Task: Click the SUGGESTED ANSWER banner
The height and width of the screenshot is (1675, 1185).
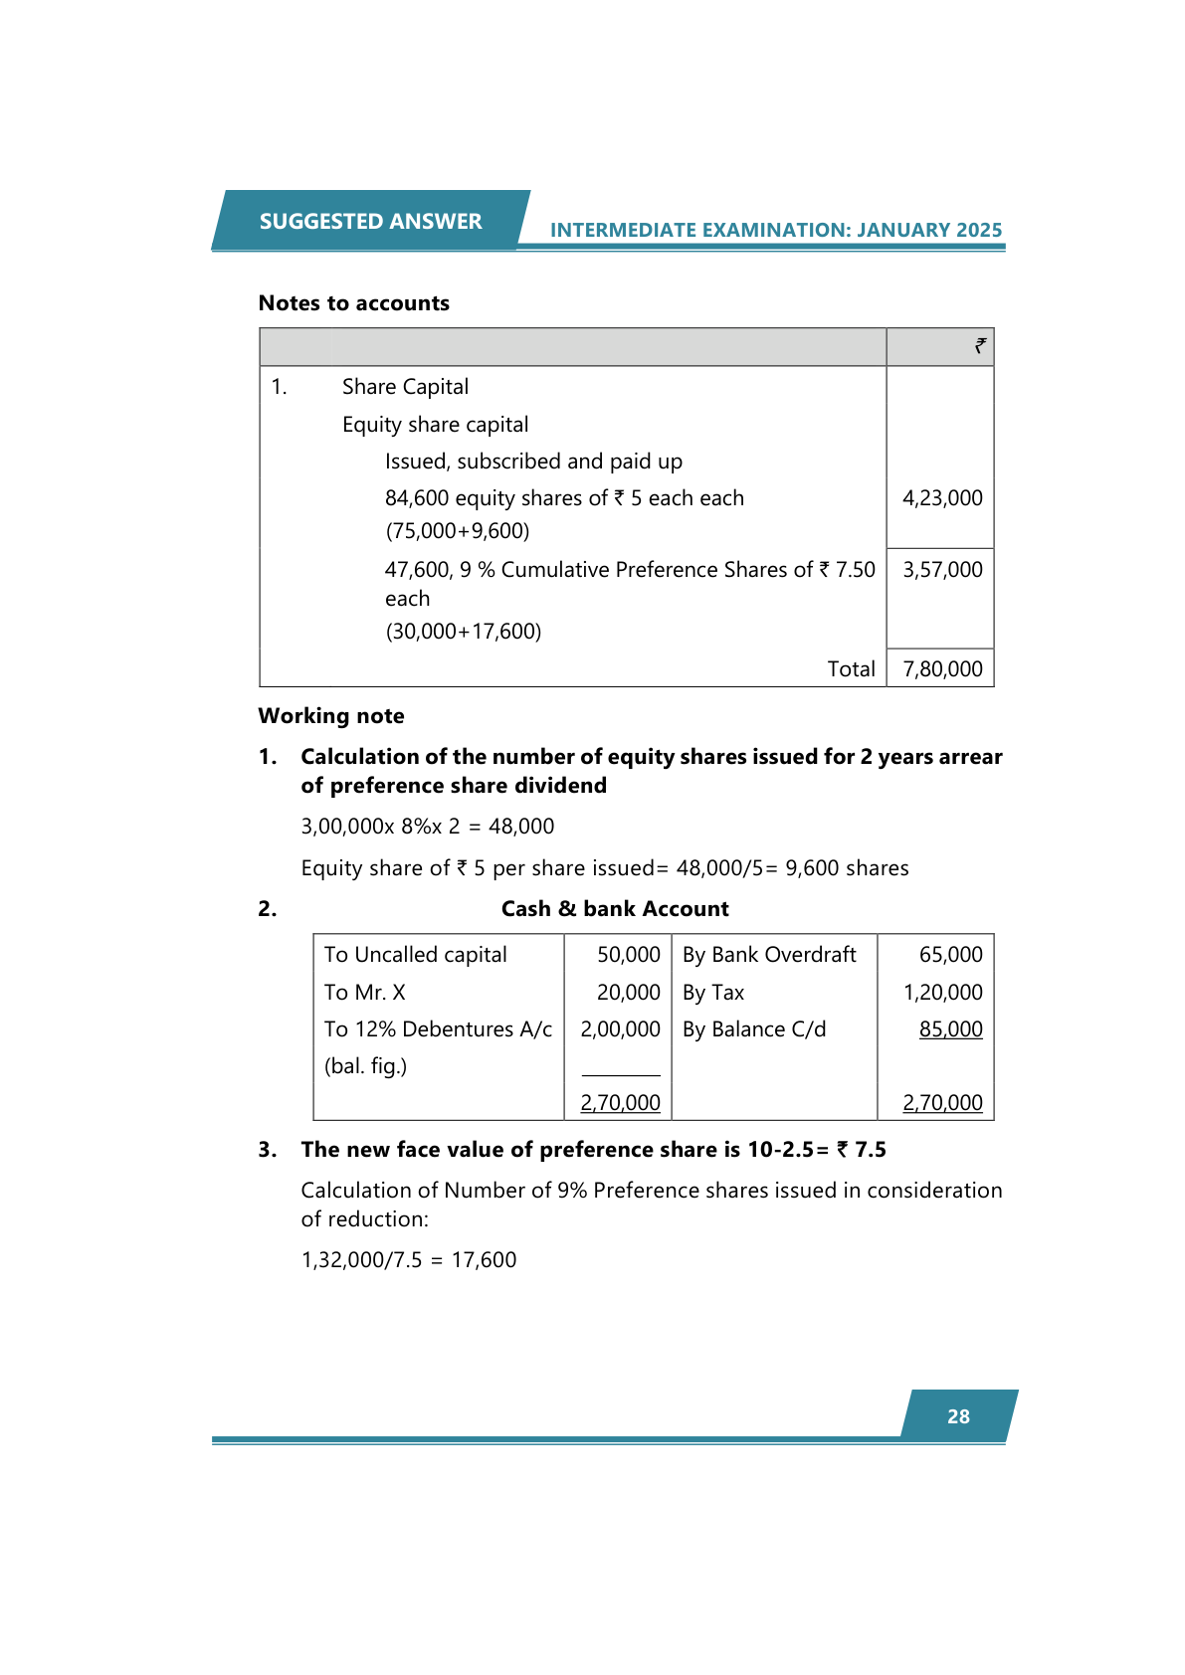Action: [x=370, y=221]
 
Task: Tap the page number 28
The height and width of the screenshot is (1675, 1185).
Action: [x=958, y=1416]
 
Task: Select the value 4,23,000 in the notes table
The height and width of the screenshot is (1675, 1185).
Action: [x=941, y=498]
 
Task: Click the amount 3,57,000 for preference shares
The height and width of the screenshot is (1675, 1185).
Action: [x=941, y=570]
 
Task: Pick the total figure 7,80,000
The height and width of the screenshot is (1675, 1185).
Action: [x=941, y=669]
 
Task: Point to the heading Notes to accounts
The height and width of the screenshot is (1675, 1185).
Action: [x=353, y=303]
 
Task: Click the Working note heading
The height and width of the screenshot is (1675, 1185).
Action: [x=331, y=716]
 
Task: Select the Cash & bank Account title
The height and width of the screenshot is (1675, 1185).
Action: [x=615, y=909]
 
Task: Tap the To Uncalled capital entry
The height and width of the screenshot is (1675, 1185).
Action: [x=415, y=955]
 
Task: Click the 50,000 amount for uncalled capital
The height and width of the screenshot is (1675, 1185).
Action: [x=628, y=955]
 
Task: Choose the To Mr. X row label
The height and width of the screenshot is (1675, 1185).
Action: [x=364, y=993]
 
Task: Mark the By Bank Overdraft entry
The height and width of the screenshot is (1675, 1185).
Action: [x=769, y=955]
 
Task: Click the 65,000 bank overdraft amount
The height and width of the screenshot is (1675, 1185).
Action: [x=950, y=955]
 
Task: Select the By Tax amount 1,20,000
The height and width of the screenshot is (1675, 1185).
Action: [x=942, y=993]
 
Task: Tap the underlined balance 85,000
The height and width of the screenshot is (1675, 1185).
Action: [x=950, y=1029]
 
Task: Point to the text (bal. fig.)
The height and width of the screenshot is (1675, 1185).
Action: [x=365, y=1066]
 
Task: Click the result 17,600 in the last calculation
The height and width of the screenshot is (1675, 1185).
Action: [x=484, y=1260]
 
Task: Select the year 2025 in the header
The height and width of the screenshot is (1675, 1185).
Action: [x=978, y=230]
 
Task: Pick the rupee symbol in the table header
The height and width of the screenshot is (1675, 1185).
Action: [x=980, y=346]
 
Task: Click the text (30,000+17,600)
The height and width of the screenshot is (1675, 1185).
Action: [x=463, y=632]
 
